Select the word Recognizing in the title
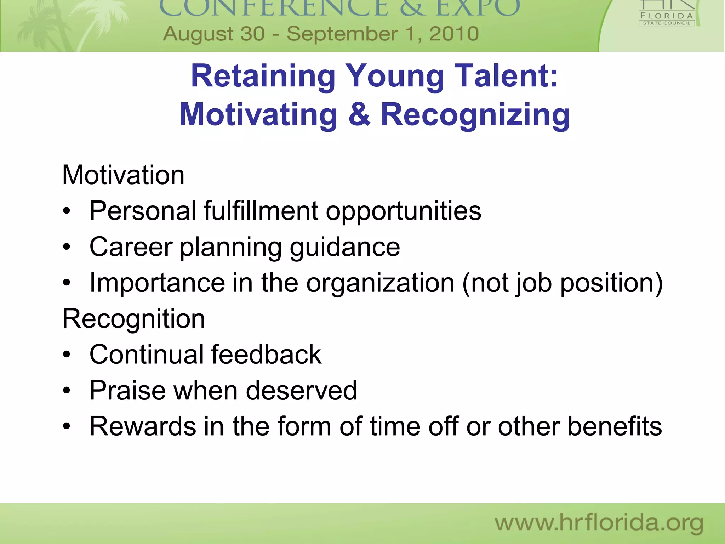click(x=475, y=115)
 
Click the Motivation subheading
click(x=123, y=175)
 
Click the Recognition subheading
click(x=133, y=319)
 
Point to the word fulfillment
click(x=261, y=211)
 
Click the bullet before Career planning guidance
click(x=67, y=247)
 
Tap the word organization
click(x=380, y=283)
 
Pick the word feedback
click(x=266, y=355)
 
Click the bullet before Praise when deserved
click(x=67, y=391)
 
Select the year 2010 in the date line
click(x=454, y=34)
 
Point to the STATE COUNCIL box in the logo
click(x=667, y=23)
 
